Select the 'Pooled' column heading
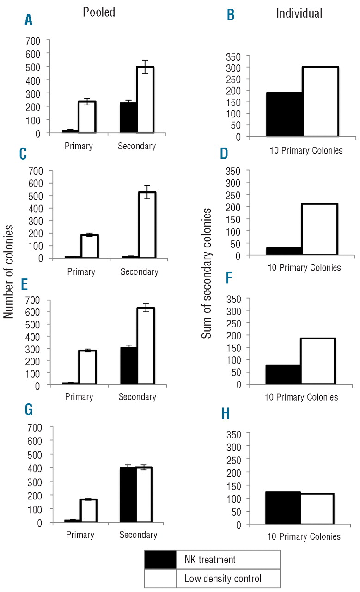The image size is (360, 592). point(99,12)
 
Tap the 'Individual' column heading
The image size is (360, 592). point(299,13)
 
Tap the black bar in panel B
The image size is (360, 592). point(284,114)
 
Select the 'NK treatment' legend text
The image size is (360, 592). point(210,560)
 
